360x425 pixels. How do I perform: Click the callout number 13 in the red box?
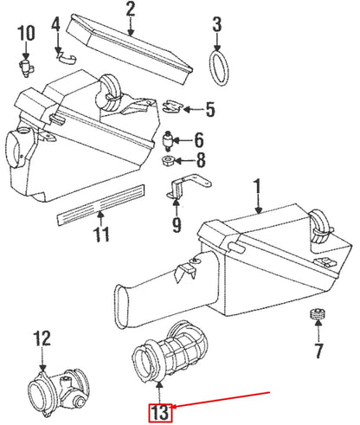[x=160, y=413]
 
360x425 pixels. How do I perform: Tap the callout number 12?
[x=42, y=338]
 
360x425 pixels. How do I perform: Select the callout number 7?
[x=318, y=351]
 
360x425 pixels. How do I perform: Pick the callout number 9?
[x=177, y=224]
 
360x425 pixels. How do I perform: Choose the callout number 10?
[x=26, y=33]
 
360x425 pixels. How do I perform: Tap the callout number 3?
[x=217, y=24]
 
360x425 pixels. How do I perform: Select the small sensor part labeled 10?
[x=27, y=68]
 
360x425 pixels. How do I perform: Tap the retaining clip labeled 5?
[x=172, y=106]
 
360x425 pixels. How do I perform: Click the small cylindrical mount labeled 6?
[x=168, y=140]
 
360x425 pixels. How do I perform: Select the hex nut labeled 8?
[x=168, y=159]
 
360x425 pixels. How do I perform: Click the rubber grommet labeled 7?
[x=318, y=314]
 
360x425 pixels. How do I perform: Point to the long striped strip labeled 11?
[x=100, y=204]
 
